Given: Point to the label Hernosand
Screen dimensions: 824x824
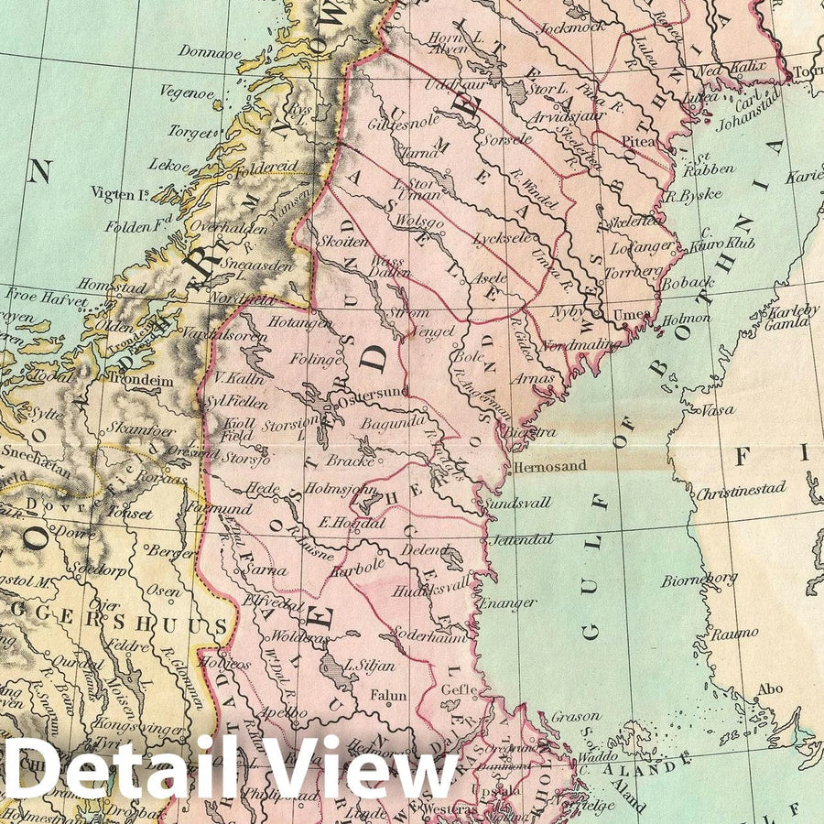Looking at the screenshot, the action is click(x=549, y=465).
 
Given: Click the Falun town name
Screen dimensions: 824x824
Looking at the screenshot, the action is click(x=388, y=696).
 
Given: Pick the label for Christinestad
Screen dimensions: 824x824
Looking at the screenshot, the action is click(x=741, y=492).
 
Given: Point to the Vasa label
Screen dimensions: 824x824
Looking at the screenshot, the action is click(x=717, y=410).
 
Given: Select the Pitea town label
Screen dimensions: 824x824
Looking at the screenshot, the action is click(x=638, y=142).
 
